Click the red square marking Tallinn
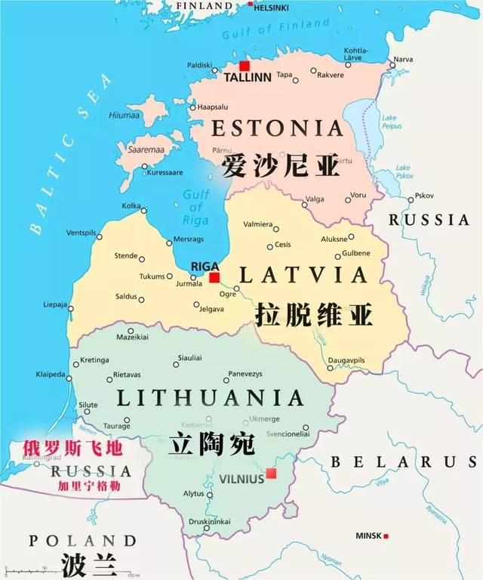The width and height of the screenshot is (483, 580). pos(244,66)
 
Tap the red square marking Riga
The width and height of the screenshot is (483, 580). pos(214,278)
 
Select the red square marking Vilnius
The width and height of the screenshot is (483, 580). pos(271,474)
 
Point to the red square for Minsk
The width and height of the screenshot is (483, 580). pos(386,536)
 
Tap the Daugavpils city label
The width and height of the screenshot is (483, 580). pos(347,361)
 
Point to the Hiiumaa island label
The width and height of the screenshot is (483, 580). pos(125,115)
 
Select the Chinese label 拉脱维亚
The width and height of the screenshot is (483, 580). pos(315,314)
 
